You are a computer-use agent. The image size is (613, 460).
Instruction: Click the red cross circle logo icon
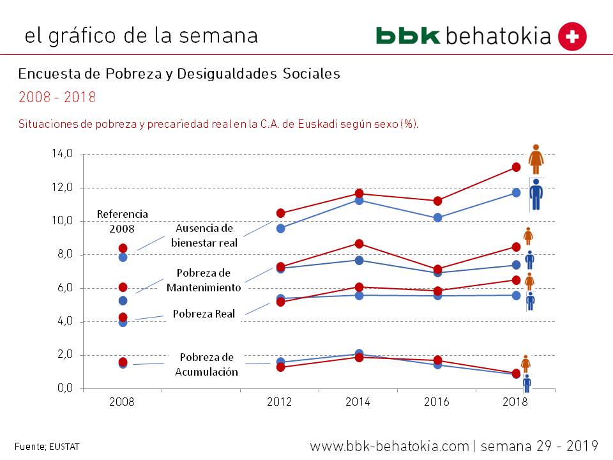[572, 36]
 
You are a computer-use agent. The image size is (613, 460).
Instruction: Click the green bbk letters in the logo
[408, 36]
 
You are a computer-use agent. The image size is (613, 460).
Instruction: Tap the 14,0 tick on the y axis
[62, 154]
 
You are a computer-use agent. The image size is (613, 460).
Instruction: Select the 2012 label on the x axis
[279, 402]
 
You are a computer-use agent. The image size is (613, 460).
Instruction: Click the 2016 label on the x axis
[436, 402]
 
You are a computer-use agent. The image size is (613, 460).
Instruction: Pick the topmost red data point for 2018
[516, 167]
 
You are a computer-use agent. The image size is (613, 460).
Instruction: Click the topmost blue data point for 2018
[516, 192]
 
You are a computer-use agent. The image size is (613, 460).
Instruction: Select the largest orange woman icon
[536, 159]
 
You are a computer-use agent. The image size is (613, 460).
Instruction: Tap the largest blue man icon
[536, 195]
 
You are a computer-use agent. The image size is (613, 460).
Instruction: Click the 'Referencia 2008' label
[123, 221]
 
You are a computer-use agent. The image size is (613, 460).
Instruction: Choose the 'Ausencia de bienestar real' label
[204, 235]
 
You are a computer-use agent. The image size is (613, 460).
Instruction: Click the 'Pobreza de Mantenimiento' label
[204, 280]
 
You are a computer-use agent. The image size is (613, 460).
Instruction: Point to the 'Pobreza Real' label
[195, 314]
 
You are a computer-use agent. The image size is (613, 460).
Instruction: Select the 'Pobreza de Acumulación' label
[206, 365]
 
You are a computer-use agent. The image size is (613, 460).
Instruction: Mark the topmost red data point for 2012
[280, 213]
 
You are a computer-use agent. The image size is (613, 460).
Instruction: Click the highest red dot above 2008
[123, 248]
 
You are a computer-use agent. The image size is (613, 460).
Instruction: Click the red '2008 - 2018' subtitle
[57, 97]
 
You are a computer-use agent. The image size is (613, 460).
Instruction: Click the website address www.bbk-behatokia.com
[390, 445]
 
